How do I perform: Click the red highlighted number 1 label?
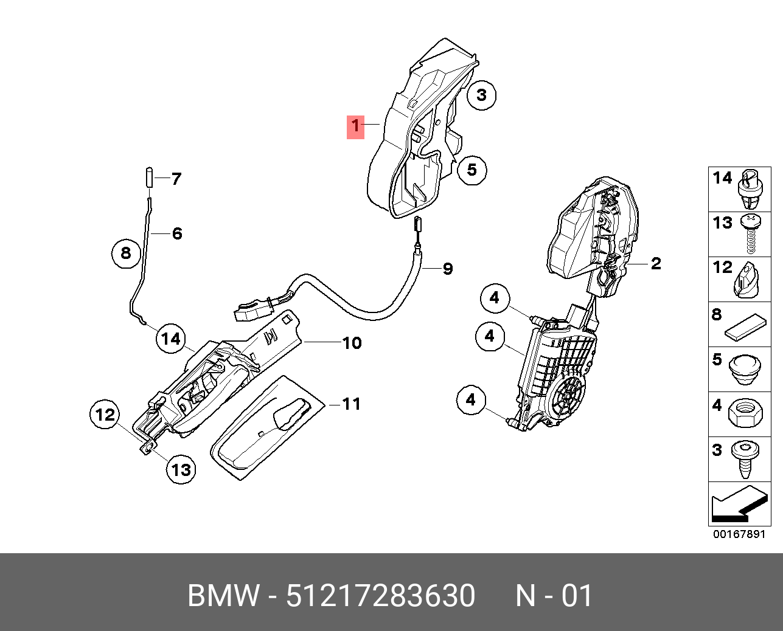355,127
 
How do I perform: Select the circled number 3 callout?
482,95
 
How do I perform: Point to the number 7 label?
176,179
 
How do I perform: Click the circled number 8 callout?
126,252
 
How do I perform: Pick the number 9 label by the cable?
448,268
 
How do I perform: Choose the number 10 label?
352,343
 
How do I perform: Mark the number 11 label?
352,404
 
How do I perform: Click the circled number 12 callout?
105,415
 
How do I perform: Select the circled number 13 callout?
181,469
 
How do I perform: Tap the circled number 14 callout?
172,339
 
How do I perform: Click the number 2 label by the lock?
655,263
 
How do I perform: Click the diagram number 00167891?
739,534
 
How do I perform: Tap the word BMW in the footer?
223,596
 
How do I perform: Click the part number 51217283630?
380,596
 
